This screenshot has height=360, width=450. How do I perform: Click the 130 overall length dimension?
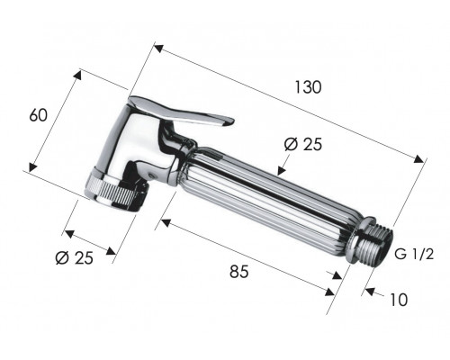(x=309, y=87)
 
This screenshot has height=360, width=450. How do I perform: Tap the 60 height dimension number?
(x=38, y=115)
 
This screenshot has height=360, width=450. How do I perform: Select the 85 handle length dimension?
(x=239, y=272)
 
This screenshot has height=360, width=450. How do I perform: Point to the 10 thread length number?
(x=399, y=300)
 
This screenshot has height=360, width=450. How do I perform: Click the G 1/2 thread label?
(x=414, y=255)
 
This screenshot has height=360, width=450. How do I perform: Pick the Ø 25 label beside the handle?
(x=303, y=145)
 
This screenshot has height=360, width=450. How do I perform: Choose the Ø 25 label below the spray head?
(x=75, y=257)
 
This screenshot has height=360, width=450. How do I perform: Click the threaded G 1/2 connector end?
(x=373, y=243)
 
